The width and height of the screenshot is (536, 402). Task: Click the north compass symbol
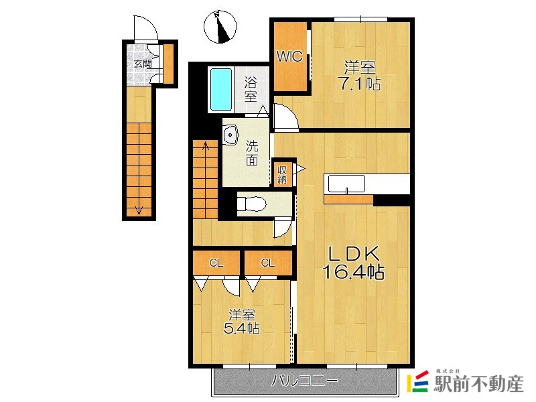(x=220, y=27)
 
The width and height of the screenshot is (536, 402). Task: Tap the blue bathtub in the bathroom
(x=221, y=90)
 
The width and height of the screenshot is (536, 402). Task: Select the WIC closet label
(x=289, y=56)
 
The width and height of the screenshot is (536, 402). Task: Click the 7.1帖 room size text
(x=359, y=84)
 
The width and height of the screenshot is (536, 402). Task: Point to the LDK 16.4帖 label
(x=354, y=263)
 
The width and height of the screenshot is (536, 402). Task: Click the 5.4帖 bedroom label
(x=241, y=328)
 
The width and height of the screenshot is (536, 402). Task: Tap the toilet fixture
(x=252, y=204)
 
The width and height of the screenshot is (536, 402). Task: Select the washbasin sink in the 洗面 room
(x=230, y=135)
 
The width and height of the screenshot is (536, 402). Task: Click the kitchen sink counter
(x=346, y=184)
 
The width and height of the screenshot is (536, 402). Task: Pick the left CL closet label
(x=216, y=263)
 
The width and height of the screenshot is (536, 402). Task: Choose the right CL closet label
(x=267, y=263)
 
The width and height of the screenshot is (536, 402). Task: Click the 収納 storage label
(x=282, y=174)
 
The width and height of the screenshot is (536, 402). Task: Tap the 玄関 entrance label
(x=143, y=64)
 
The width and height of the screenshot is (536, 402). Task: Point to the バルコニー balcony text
(x=305, y=381)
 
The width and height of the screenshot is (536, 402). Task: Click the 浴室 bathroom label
(x=250, y=90)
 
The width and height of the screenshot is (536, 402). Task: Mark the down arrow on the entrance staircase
(x=139, y=210)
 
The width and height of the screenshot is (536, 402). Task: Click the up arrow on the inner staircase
(x=206, y=146)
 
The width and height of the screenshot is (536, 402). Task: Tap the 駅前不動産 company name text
(x=478, y=384)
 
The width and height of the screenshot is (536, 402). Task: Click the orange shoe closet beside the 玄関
(x=169, y=64)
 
